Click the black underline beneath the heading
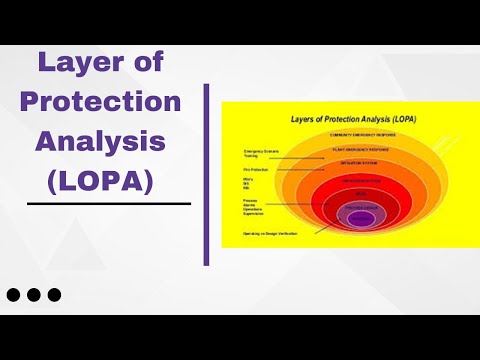[x=109, y=203]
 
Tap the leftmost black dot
[x=15, y=295]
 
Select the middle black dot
[x=35, y=295]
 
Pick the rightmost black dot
[x=55, y=295]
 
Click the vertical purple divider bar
[x=207, y=175]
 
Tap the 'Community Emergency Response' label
[x=362, y=133]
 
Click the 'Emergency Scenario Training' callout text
[x=259, y=154]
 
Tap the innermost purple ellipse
[x=361, y=217]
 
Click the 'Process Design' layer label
[x=361, y=206]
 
